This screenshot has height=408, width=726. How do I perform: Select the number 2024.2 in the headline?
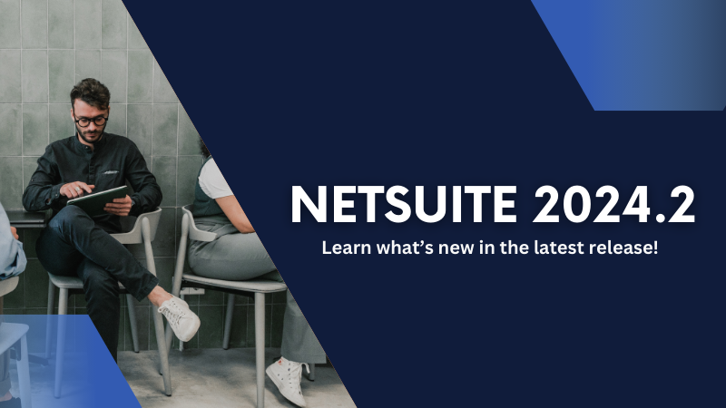click(x=615, y=206)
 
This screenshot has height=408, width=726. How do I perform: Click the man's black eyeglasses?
click(x=92, y=120)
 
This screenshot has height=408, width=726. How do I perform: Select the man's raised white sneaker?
click(x=180, y=316)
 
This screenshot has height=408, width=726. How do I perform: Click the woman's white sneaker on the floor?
click(x=286, y=381)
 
